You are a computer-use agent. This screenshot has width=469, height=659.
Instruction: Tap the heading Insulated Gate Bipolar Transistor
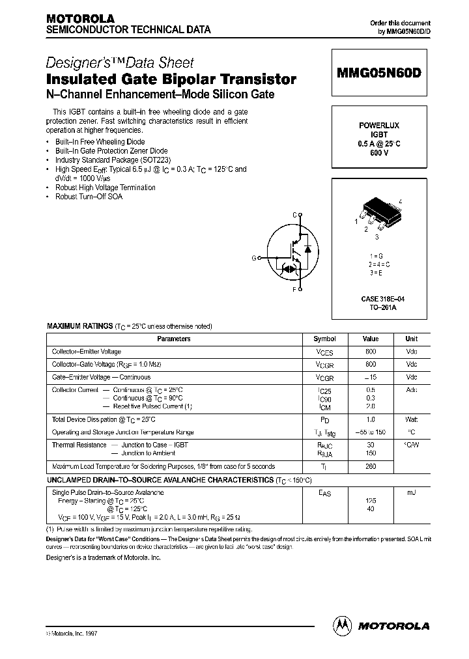coord(171,80)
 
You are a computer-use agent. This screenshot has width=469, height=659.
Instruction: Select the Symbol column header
coord(324,339)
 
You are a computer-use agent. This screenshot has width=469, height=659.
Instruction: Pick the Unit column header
coord(411,339)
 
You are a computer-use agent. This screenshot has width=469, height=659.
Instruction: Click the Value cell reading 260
coord(371,467)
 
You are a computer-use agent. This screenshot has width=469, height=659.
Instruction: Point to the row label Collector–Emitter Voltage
coord(87,352)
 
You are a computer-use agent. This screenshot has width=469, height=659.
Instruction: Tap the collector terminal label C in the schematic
coord(294,214)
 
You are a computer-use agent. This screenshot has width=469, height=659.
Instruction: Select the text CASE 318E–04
coord(378,298)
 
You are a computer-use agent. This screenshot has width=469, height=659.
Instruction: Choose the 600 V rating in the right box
coord(378,152)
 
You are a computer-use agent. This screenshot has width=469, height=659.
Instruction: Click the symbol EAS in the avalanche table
coord(324,494)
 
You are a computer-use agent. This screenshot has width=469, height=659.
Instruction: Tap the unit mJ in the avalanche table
coord(412,492)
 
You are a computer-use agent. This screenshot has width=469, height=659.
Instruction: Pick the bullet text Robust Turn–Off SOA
coord(89,197)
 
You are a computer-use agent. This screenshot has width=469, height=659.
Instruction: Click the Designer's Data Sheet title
coord(120,63)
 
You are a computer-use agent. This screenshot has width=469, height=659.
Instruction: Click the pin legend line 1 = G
coord(379,257)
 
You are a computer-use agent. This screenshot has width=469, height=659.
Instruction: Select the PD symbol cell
coord(324,421)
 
